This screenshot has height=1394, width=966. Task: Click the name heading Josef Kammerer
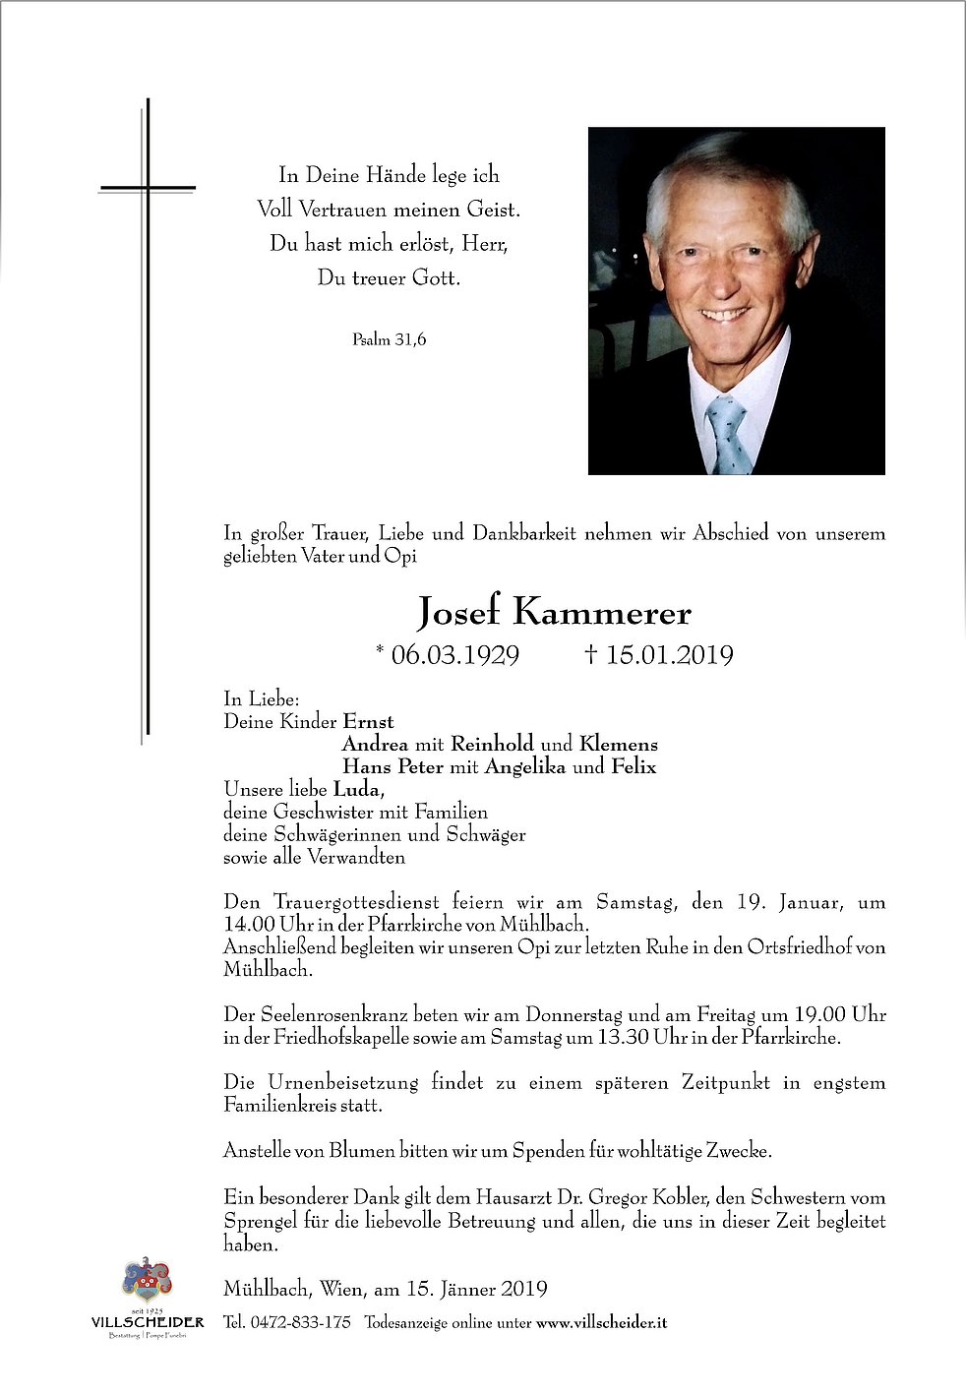pos(554,613)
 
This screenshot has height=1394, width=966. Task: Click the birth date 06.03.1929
pos(454,655)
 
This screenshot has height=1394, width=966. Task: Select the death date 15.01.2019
pos(669,655)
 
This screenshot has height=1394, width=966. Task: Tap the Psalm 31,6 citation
pos(389,340)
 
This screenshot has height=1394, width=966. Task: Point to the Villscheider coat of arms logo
pos(147,1282)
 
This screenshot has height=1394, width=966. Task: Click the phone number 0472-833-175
pos(301,1322)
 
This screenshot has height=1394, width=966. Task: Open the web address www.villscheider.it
pos(602,1322)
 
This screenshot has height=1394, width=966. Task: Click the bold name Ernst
pos(369,721)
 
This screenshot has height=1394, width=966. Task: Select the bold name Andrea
pos(373,744)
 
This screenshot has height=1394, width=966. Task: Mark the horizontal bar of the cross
pos(148,186)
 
